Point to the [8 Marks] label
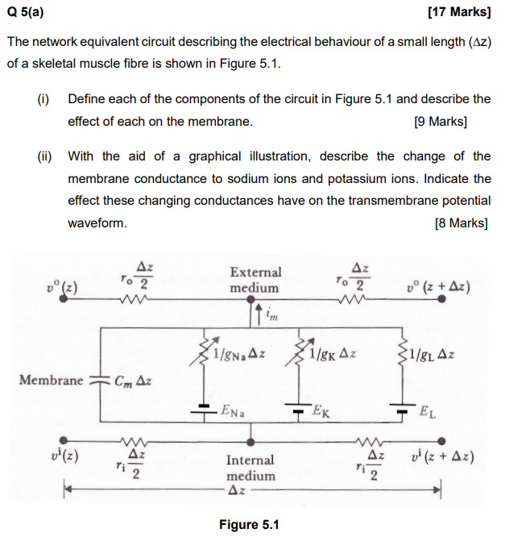pos(461,223)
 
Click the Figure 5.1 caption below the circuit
pos(249,525)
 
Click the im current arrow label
pos(271,316)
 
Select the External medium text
pos(255,280)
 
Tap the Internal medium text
pos(250,468)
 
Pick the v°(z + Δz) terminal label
pos(440,287)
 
